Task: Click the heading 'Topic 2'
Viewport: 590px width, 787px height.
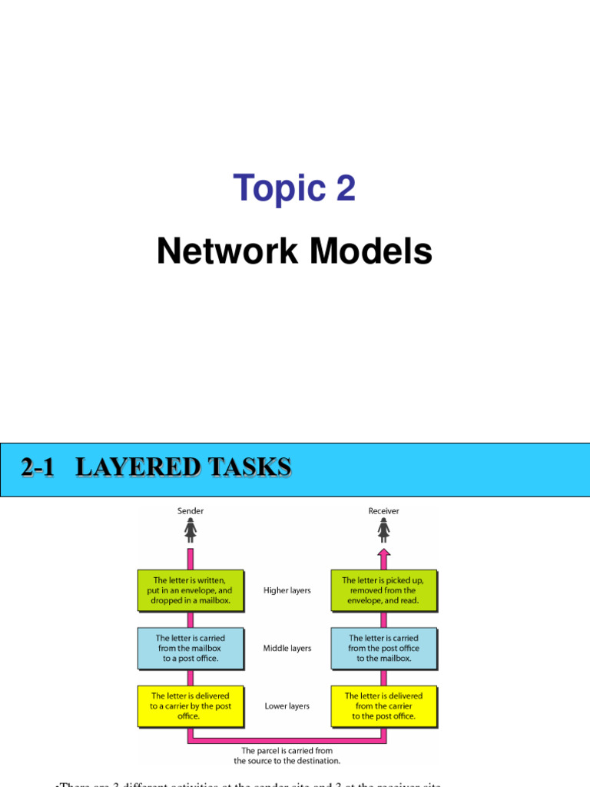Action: [x=295, y=188]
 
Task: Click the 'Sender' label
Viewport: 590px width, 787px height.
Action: [x=191, y=510]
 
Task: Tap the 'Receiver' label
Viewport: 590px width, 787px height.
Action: [x=383, y=510]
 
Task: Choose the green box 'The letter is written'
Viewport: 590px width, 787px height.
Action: [x=191, y=590]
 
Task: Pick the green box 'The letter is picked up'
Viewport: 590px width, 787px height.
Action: [x=383, y=590]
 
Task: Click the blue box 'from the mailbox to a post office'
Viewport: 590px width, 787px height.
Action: [x=191, y=648]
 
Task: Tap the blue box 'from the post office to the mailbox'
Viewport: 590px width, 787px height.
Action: [x=383, y=648]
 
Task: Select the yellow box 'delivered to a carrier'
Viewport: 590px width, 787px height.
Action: [x=191, y=706]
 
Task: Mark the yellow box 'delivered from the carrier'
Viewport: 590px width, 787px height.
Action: [x=383, y=706]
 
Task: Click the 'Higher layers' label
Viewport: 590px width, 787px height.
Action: [x=287, y=590]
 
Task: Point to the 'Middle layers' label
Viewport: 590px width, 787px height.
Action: [x=287, y=648]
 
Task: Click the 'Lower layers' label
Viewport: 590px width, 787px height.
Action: [x=287, y=706]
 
